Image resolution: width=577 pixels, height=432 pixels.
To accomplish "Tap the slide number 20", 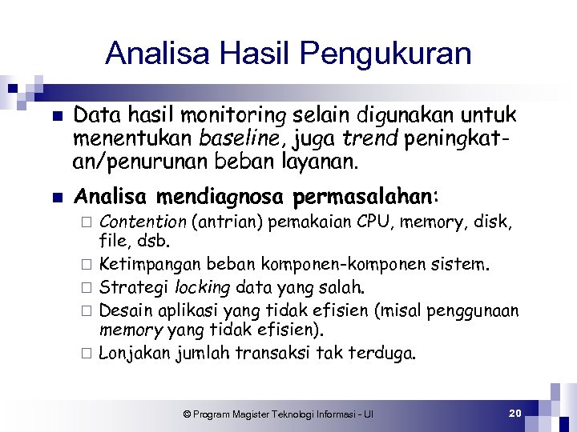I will click(515, 413).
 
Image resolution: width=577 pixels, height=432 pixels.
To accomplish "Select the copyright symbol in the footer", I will click(187, 414).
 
